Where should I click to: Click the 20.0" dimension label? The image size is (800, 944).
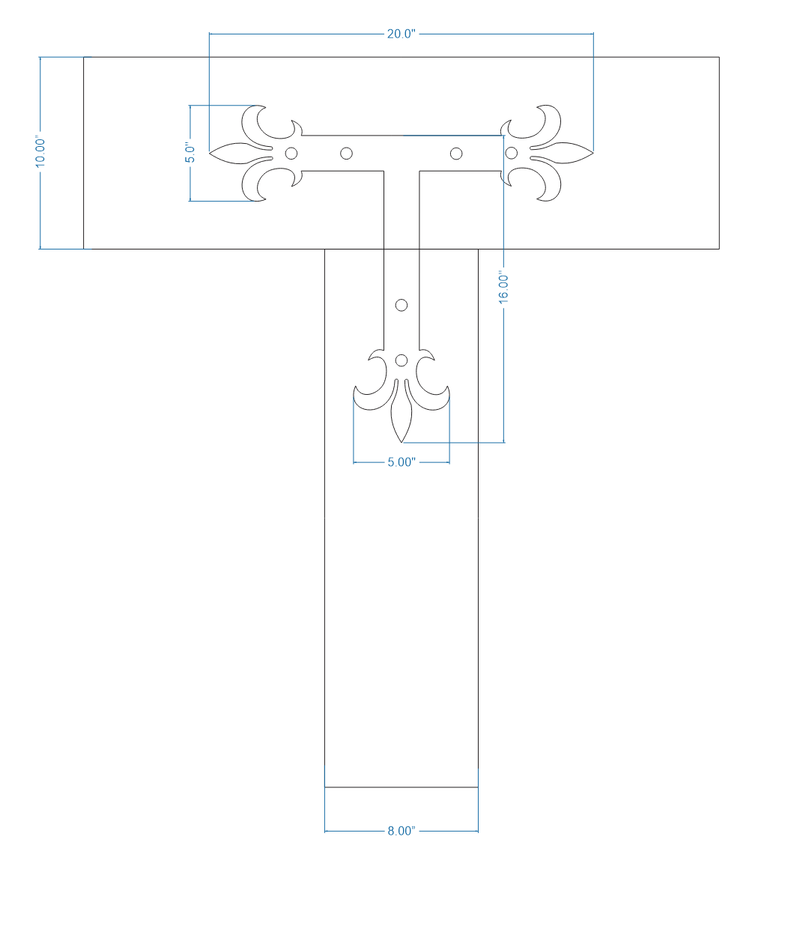coord(401,34)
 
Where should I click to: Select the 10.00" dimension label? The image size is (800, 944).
coord(41,152)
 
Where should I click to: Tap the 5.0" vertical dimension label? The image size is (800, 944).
coord(190,153)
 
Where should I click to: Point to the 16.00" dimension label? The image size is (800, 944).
coord(504,288)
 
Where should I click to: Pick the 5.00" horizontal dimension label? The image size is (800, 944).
coord(401,462)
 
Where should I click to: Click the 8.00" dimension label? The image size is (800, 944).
coord(401,831)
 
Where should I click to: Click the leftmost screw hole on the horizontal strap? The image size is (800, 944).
coord(291,154)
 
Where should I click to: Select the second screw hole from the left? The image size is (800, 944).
coord(346,154)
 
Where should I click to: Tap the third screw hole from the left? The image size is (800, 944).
coord(455,154)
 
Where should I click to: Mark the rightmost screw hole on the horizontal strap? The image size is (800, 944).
coord(511,154)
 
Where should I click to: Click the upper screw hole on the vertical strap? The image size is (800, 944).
coord(401,305)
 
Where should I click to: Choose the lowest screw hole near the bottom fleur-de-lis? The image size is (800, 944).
coord(401,360)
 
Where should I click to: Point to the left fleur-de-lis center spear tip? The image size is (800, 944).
coord(210,154)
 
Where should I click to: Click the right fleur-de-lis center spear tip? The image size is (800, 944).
coord(593,154)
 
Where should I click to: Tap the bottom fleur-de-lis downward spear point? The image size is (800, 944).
coord(401,441)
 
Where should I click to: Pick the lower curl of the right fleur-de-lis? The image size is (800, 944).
coord(551,187)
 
